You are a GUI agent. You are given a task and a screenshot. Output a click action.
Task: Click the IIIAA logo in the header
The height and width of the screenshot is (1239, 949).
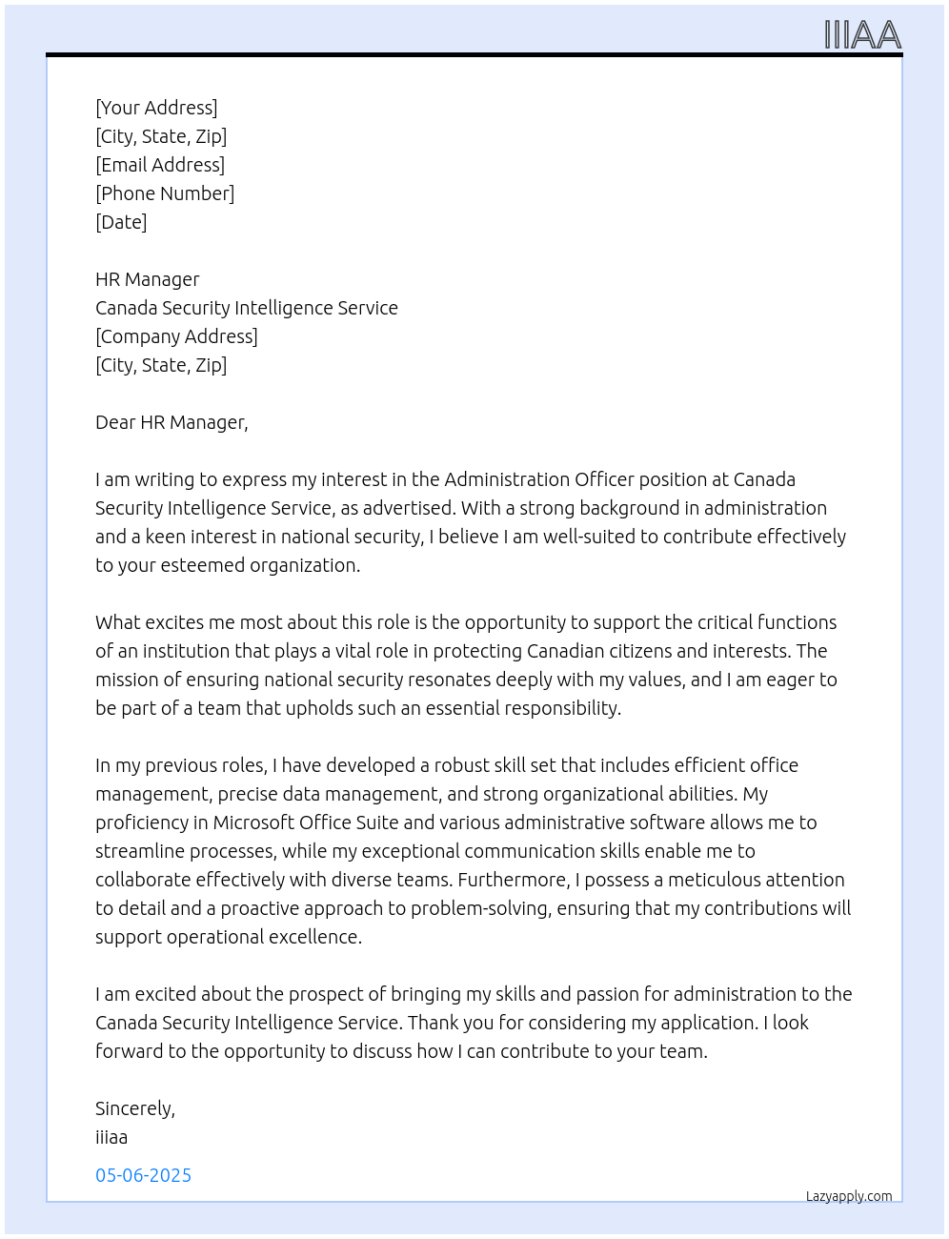coord(862,35)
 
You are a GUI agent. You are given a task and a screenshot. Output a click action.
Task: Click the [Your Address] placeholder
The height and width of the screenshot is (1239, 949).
coord(156,108)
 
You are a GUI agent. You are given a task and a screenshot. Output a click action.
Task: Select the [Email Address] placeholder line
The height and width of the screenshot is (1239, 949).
coord(160,165)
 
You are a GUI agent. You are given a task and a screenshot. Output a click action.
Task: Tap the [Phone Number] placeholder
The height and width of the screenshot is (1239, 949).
coord(165,193)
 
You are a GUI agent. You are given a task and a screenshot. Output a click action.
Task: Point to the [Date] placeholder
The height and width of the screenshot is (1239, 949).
coord(121,222)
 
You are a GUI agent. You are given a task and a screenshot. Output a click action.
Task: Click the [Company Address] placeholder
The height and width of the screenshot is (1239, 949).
coord(176,336)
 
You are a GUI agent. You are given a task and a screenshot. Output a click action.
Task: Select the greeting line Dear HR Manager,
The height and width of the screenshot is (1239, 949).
coord(172,422)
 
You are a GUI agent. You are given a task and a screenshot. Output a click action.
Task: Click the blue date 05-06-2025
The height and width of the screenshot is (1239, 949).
coord(144,1175)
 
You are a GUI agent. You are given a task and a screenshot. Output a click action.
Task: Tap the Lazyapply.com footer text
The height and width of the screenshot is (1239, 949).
coord(849,1196)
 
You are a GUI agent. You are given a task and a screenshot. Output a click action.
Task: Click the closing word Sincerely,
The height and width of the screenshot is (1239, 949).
coord(135,1108)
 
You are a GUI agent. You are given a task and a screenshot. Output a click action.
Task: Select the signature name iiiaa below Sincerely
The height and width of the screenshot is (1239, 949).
coord(111,1137)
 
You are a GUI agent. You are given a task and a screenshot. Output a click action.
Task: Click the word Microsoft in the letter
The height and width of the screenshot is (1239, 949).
coord(253,823)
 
